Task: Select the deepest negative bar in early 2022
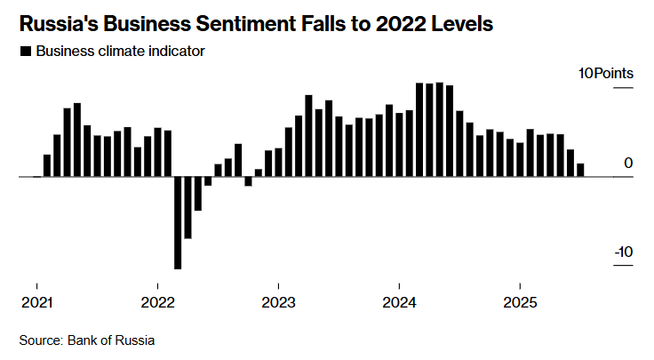178,222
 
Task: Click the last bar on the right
581,170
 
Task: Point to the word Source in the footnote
40,340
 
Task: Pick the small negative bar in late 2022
249,181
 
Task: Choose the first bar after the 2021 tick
47,165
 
